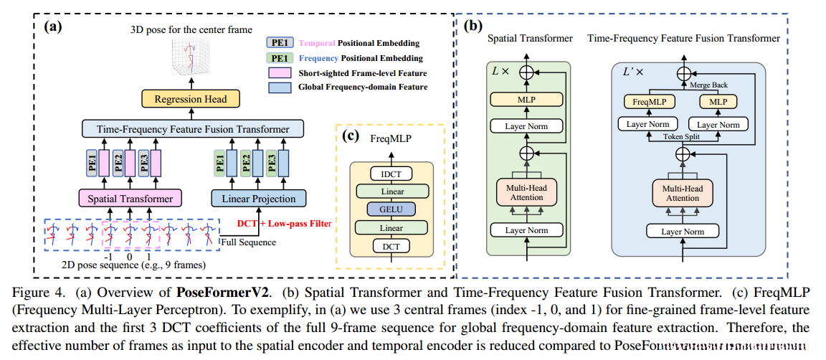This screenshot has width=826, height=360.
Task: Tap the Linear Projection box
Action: point(258,197)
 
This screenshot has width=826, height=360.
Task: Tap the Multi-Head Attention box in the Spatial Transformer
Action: point(527,192)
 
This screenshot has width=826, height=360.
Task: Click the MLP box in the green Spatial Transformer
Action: point(527,100)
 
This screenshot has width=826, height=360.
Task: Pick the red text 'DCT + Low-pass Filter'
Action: point(285,224)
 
